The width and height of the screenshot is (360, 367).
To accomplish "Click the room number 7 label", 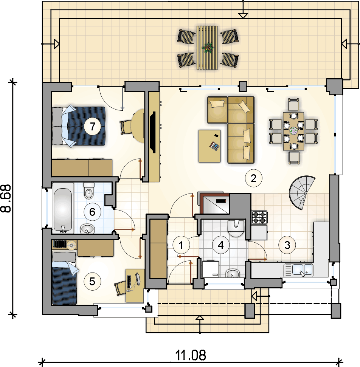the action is click(x=93, y=126).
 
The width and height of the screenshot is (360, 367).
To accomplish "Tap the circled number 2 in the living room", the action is click(x=253, y=178).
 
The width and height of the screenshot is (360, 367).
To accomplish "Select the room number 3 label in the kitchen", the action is click(x=287, y=245).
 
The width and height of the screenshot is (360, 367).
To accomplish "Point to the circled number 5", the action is click(x=92, y=281).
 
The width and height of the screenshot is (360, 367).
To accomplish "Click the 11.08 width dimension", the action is click(x=191, y=355).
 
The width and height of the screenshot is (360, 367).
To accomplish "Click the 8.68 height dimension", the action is click(x=6, y=198).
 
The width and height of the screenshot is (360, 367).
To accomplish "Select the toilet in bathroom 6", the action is click(x=88, y=191).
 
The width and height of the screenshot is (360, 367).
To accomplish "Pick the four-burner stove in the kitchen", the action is click(x=259, y=217).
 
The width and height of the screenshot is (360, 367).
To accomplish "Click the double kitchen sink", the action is click(x=298, y=270).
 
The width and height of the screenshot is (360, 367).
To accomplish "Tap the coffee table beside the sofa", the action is click(x=209, y=146).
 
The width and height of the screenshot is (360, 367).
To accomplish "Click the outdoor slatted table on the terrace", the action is click(x=207, y=48).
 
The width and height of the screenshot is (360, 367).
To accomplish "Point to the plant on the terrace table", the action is click(x=207, y=48).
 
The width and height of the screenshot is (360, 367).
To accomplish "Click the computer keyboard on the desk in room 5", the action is click(x=129, y=282).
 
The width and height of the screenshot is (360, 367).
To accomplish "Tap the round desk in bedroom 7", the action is click(x=138, y=126).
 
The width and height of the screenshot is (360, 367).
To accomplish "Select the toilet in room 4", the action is click(x=236, y=228).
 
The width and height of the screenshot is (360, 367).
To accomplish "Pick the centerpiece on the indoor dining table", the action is click(x=293, y=131).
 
